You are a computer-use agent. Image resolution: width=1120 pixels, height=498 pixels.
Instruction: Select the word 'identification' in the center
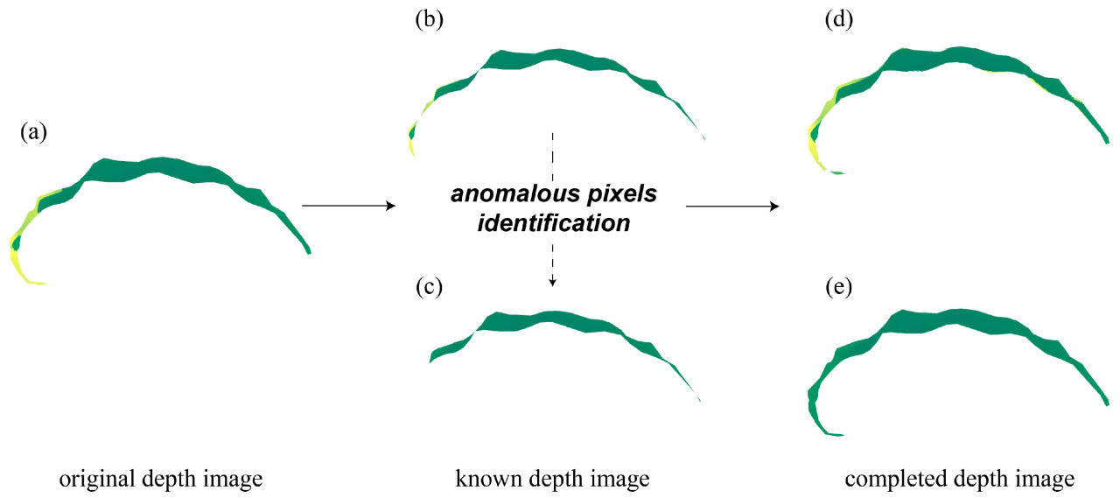553,223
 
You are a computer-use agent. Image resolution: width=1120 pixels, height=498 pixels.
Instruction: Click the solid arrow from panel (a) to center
348,206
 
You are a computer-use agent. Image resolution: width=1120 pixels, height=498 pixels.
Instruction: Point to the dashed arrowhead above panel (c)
553,282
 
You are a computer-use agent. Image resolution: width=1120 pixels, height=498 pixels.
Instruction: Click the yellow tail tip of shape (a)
40,283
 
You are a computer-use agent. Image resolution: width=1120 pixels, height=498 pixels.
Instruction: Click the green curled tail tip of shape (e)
836,434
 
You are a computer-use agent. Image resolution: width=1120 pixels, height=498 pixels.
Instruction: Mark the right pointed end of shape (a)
309,252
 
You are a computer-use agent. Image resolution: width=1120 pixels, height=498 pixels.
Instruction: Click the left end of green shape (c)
432,357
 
